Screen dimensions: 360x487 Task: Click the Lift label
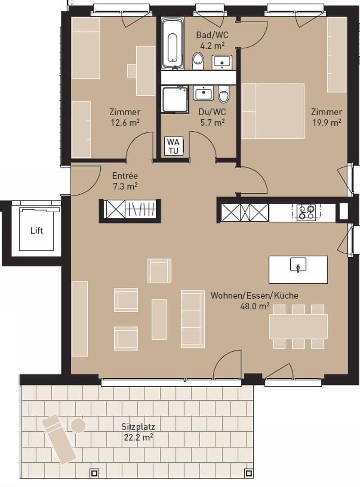37,230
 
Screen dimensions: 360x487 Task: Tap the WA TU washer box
173,146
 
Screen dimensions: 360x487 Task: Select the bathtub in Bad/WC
172,43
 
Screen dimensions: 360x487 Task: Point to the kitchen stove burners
306,212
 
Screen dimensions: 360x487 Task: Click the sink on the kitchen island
298,265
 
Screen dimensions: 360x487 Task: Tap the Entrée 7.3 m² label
125,181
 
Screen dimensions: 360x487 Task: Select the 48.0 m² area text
255,306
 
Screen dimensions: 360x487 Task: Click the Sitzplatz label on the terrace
138,427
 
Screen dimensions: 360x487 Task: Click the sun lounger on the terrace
59,439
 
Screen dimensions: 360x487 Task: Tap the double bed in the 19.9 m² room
273,111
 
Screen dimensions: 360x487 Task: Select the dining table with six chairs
298,326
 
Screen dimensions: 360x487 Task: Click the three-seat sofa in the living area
193,319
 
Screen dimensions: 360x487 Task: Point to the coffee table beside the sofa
159,319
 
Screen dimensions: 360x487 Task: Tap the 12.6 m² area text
125,122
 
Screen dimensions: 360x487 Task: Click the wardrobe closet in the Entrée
130,211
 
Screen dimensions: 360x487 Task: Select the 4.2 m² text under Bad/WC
212,46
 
